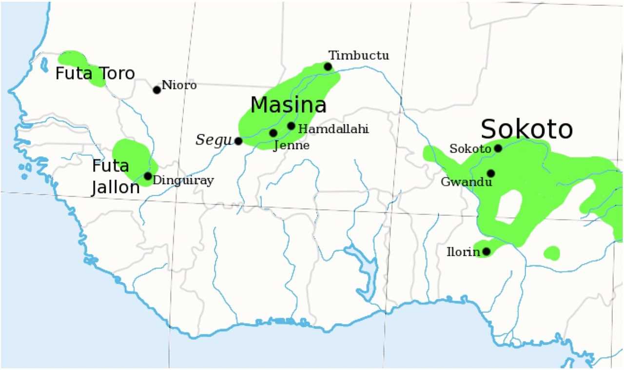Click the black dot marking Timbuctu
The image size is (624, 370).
coord(328,66)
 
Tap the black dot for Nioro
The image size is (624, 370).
coord(156,90)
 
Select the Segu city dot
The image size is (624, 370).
coord(238,141)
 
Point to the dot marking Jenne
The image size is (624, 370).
coord(273,133)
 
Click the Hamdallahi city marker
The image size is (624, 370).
coord(291,126)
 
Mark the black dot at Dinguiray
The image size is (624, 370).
coord(148,176)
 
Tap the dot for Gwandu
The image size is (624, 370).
coord(490,173)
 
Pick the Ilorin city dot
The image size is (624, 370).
coord(486,251)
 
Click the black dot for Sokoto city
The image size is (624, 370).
coord(498,148)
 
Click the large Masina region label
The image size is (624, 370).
coord(288,105)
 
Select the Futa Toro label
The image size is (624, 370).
coord(95,74)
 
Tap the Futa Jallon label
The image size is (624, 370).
coord(116,177)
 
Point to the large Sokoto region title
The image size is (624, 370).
coord(526,130)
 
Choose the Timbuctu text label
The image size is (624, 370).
coord(358,55)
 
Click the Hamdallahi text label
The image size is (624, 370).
coord(333,129)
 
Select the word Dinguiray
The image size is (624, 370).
coord(183,181)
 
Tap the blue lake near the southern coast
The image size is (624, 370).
coord(365,271)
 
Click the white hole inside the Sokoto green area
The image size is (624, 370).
coord(508,206)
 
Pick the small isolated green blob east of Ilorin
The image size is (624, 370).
coord(551,253)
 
